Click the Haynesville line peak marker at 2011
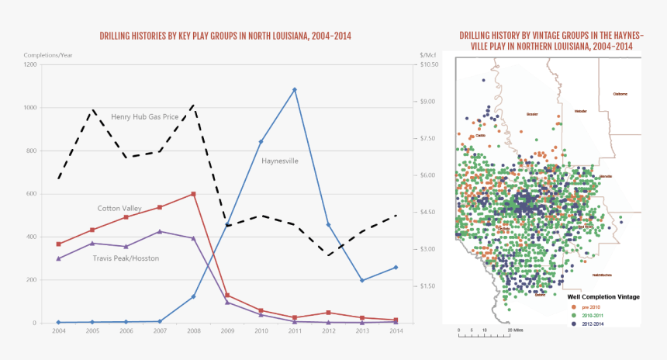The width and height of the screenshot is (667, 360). coord(295,90)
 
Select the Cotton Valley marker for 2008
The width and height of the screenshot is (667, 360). coord(193,194)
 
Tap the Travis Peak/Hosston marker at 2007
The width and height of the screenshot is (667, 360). coord(160,231)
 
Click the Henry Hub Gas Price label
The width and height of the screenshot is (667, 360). coord(145,117)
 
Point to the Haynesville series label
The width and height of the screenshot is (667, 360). coord(279,161)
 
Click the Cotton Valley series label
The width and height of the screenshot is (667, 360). coord(119,208)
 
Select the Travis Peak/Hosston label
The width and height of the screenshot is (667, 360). coord(126,258)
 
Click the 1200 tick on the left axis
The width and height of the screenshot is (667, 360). coord(29,64)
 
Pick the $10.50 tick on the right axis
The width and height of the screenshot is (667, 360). coord(429,64)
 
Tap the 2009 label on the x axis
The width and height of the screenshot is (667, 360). coord(227,331)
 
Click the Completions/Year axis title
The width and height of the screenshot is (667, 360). coord(49,55)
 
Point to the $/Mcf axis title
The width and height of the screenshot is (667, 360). coord(428,55)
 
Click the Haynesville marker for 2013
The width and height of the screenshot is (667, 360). coord(362,280)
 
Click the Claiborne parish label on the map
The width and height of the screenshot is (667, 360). coord(620,94)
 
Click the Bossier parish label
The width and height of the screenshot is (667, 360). coord(532,114)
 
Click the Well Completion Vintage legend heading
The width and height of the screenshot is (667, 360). coord(604,296)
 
